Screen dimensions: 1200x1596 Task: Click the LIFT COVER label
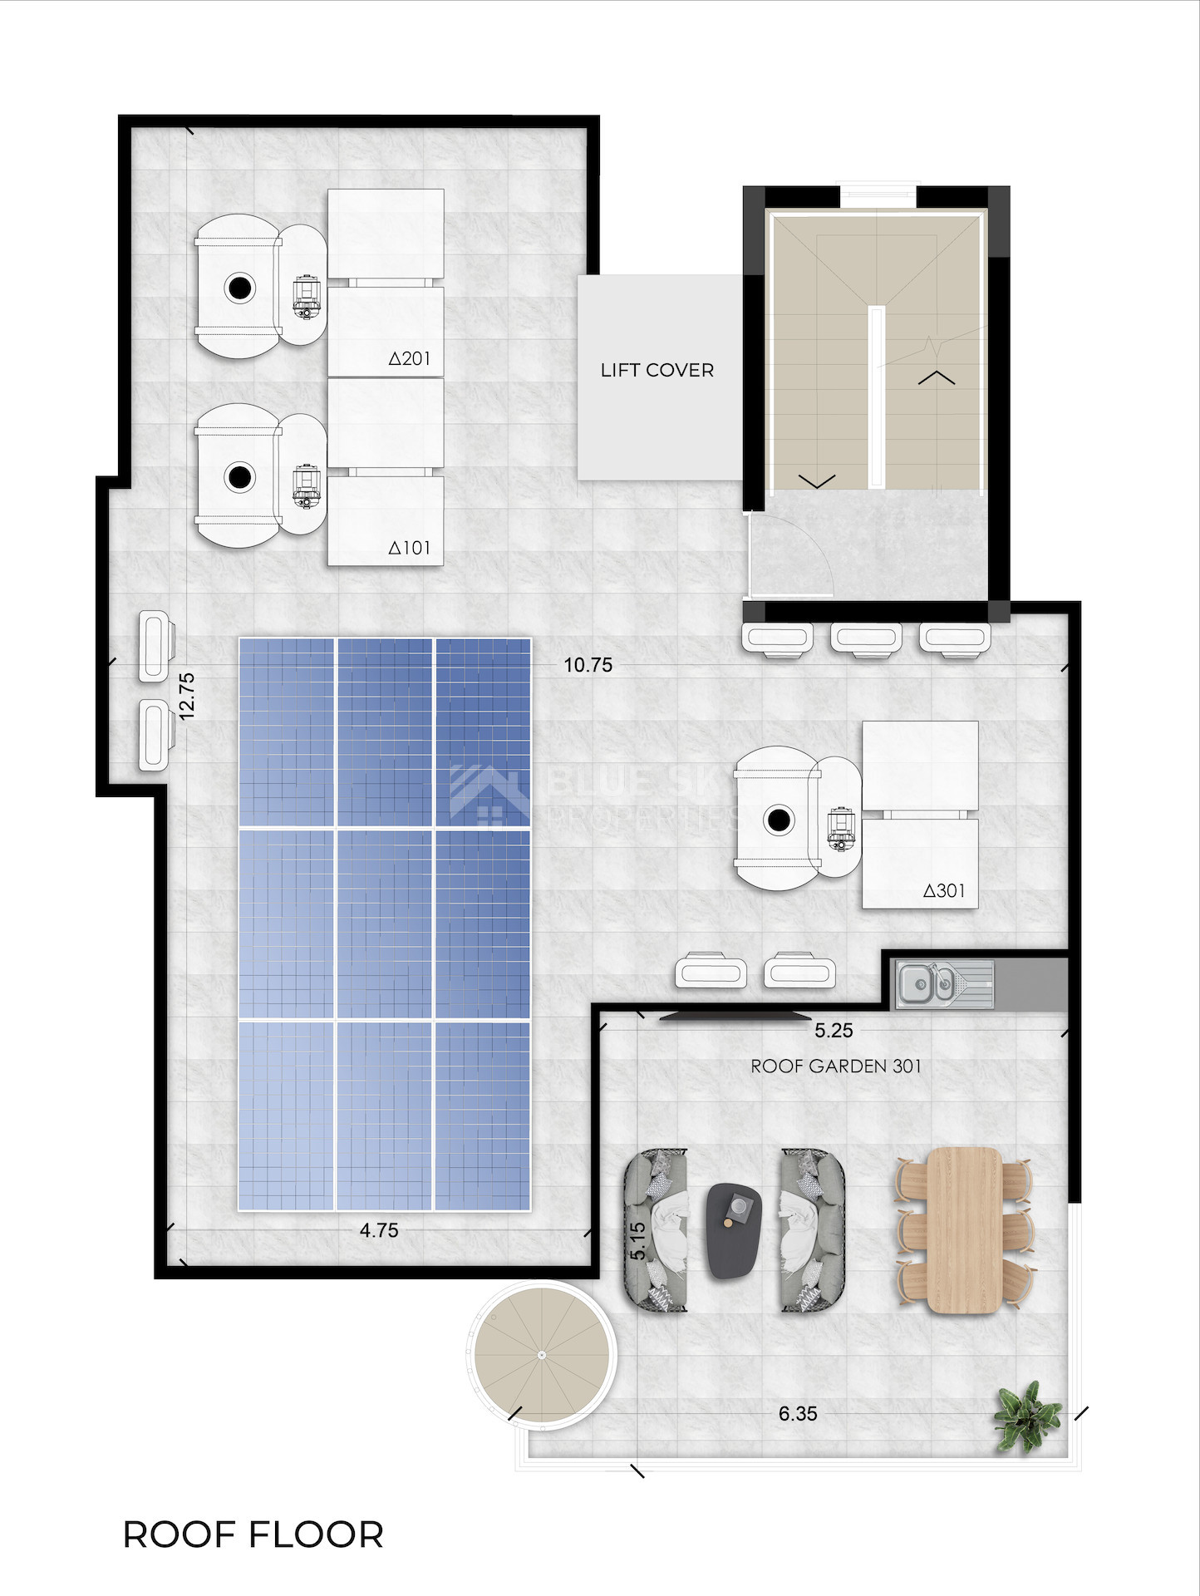[x=657, y=370]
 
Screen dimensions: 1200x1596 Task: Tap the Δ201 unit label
[x=410, y=358]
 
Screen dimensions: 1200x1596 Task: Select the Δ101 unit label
[x=410, y=548]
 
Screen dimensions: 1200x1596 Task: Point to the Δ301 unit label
[x=944, y=891]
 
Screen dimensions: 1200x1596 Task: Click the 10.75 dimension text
[x=588, y=665]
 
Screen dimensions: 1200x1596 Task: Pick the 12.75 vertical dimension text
[x=186, y=696]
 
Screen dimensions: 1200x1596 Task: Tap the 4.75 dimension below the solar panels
[x=379, y=1230]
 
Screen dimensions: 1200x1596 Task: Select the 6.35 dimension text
[x=798, y=1413]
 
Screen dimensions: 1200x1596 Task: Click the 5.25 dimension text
[x=834, y=1031]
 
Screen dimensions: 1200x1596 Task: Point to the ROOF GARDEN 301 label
[x=836, y=1066]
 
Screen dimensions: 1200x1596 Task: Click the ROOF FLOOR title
[x=253, y=1534]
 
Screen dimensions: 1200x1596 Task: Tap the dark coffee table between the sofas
[x=735, y=1230]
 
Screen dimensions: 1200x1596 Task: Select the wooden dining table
[x=964, y=1230]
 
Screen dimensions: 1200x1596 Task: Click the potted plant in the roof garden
[x=1028, y=1416]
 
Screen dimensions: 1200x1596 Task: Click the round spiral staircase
[x=541, y=1355]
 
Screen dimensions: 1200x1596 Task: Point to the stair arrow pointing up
[x=937, y=377]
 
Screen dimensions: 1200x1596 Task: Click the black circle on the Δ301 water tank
[x=779, y=820]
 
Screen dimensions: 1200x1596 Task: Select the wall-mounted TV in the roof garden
[x=735, y=1016]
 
